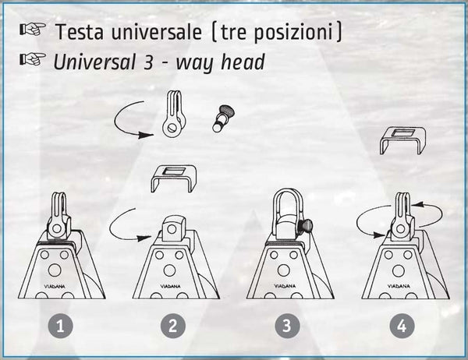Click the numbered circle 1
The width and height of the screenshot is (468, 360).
(x=61, y=326)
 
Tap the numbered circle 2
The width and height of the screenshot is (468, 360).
(x=173, y=326)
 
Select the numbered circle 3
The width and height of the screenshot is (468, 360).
(x=287, y=326)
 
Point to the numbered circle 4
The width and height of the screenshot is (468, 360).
(x=402, y=326)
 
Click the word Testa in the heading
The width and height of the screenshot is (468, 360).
(x=80, y=32)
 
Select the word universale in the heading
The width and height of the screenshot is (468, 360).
(x=157, y=32)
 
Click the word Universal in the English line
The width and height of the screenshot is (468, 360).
(x=94, y=62)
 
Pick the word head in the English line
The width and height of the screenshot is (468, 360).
(x=243, y=62)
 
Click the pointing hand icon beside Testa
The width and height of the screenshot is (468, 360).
(x=33, y=29)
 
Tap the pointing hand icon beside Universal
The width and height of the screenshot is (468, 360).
(x=33, y=58)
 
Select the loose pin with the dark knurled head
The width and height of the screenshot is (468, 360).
(x=223, y=118)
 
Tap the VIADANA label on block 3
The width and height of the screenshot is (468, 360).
(x=285, y=286)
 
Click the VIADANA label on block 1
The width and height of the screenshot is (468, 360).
(x=56, y=286)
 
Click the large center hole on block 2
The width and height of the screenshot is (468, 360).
(x=169, y=270)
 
